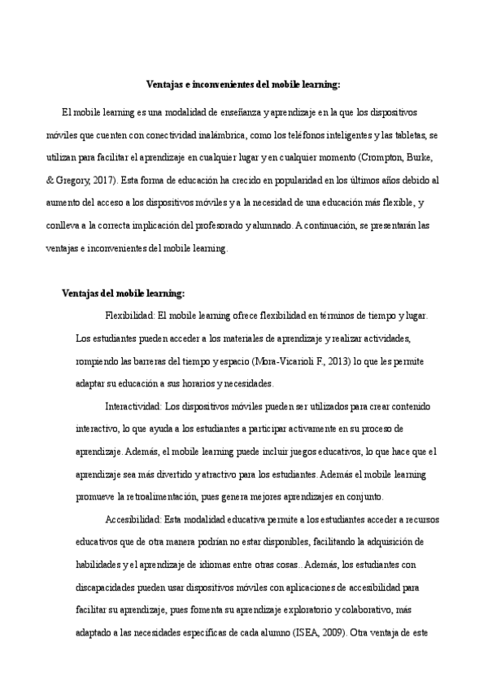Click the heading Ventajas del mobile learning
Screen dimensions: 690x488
click(x=124, y=293)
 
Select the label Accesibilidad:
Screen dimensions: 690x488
click(x=133, y=518)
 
